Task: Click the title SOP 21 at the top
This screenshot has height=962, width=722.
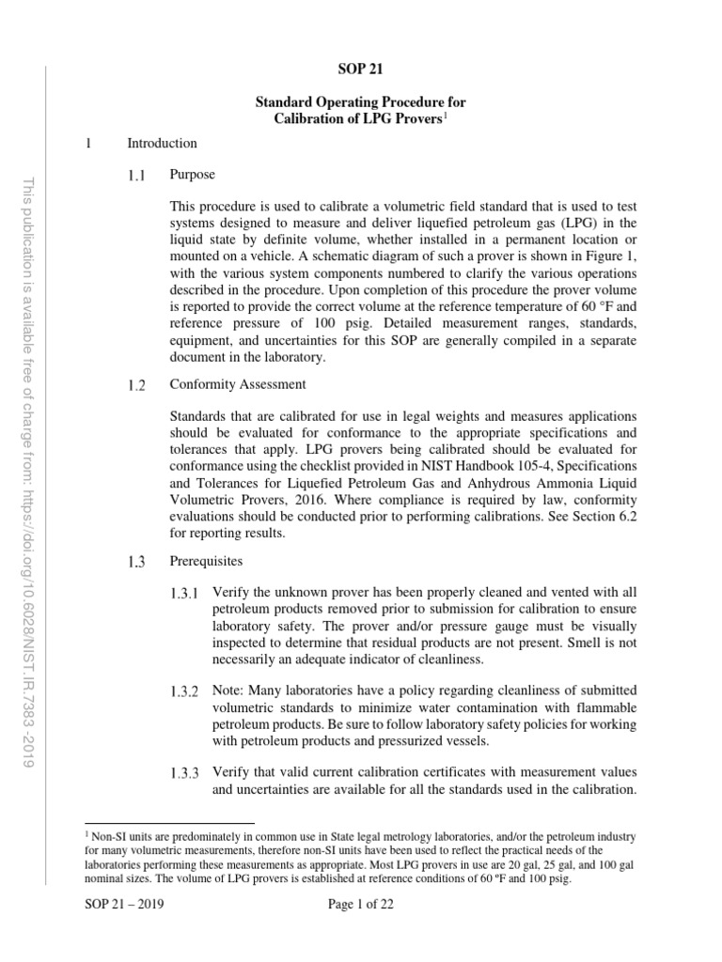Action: pos(360,68)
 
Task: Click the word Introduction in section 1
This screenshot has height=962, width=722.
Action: pos(162,144)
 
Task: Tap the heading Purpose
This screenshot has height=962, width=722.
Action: pos(192,175)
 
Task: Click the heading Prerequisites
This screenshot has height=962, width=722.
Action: pos(206,562)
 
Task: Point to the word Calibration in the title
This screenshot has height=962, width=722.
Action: pos(305,118)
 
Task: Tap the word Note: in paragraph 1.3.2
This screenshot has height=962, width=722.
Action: pos(230,691)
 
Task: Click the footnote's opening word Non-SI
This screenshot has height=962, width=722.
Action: pos(107,835)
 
